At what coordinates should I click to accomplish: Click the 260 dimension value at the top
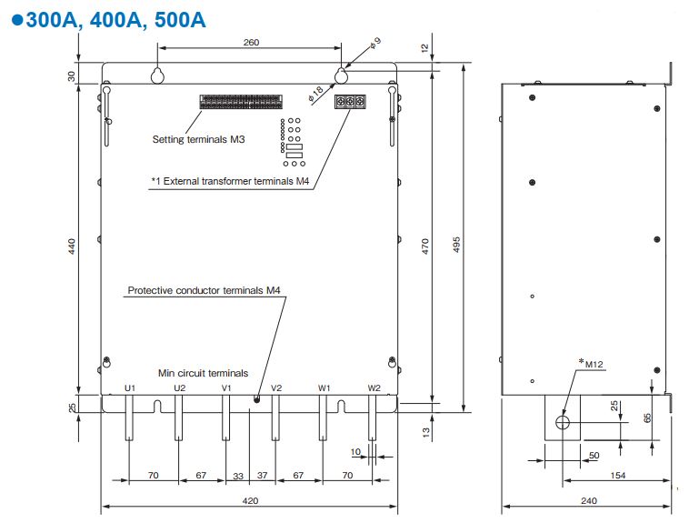coord(251,42)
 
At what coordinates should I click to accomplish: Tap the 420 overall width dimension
coord(250,500)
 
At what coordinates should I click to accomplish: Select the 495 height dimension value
coord(456,245)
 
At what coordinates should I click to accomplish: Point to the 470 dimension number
coord(424,246)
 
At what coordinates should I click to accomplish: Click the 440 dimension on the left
coord(72,246)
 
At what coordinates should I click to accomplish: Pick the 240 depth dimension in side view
coord(589,500)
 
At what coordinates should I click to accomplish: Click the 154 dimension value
coord(617,475)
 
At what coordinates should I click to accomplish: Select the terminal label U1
coord(130,388)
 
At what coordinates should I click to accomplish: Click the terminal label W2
coord(374,388)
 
